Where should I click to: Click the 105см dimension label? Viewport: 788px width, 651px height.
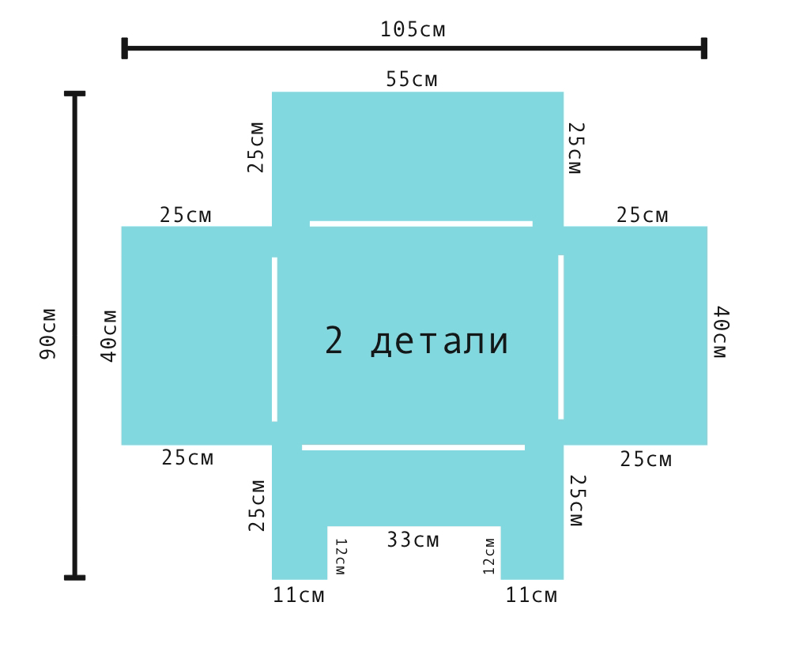[x=413, y=30]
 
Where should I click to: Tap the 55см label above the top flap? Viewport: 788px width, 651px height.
[x=412, y=79]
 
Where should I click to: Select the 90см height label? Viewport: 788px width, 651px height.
[x=47, y=334]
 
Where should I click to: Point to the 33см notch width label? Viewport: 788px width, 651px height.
[x=413, y=540]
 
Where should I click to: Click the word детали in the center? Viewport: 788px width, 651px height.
[x=439, y=341]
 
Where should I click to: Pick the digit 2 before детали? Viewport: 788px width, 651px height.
[x=334, y=340]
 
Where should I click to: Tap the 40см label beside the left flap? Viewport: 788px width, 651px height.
[x=108, y=336]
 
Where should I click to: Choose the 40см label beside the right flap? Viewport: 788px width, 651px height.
[x=720, y=332]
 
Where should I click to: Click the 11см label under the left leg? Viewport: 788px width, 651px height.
[x=299, y=595]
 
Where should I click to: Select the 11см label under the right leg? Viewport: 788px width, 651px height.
[x=531, y=595]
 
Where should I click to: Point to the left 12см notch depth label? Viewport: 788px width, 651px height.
[x=340, y=556]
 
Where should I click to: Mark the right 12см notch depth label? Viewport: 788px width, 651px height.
[x=489, y=556]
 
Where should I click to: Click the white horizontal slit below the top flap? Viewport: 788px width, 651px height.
[x=421, y=224]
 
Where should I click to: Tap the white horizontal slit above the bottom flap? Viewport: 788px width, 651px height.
[x=413, y=447]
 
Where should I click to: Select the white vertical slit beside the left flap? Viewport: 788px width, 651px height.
[x=274, y=339]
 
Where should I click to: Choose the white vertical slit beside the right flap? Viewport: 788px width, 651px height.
[x=561, y=337]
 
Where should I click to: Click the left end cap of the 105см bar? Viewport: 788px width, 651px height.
[x=125, y=48]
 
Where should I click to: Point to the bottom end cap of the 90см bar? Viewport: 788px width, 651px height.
[x=75, y=578]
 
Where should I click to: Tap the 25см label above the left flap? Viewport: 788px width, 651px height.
[x=186, y=215]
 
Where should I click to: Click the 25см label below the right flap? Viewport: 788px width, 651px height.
[x=646, y=459]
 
